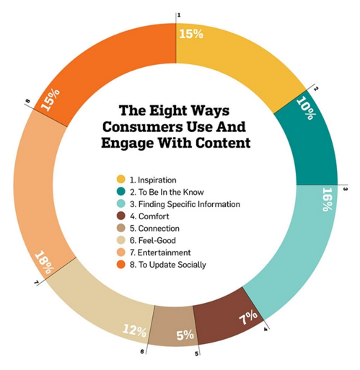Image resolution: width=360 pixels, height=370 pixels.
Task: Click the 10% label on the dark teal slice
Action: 306,108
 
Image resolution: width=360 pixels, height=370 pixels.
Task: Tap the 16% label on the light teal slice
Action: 328,199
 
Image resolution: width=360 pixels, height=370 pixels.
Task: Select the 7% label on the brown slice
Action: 248,317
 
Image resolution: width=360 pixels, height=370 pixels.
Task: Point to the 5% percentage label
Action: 185,335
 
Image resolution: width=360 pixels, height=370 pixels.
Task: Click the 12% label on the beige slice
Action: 134,330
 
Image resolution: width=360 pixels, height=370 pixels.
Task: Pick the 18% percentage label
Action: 45,263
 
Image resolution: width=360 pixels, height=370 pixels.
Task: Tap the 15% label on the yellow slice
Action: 191,34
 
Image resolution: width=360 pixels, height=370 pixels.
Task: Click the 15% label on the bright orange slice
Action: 51,100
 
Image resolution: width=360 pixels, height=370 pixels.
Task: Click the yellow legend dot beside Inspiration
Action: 121,180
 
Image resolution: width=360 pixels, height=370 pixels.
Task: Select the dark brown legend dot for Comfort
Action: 121,216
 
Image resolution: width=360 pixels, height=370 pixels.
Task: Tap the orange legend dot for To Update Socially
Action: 121,264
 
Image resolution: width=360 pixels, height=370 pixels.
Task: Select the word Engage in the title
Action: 128,144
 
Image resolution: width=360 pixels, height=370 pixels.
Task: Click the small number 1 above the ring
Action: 179,15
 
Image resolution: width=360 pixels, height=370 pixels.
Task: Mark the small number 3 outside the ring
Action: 346,189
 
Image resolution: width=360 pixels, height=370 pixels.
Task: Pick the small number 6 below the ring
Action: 142,351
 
